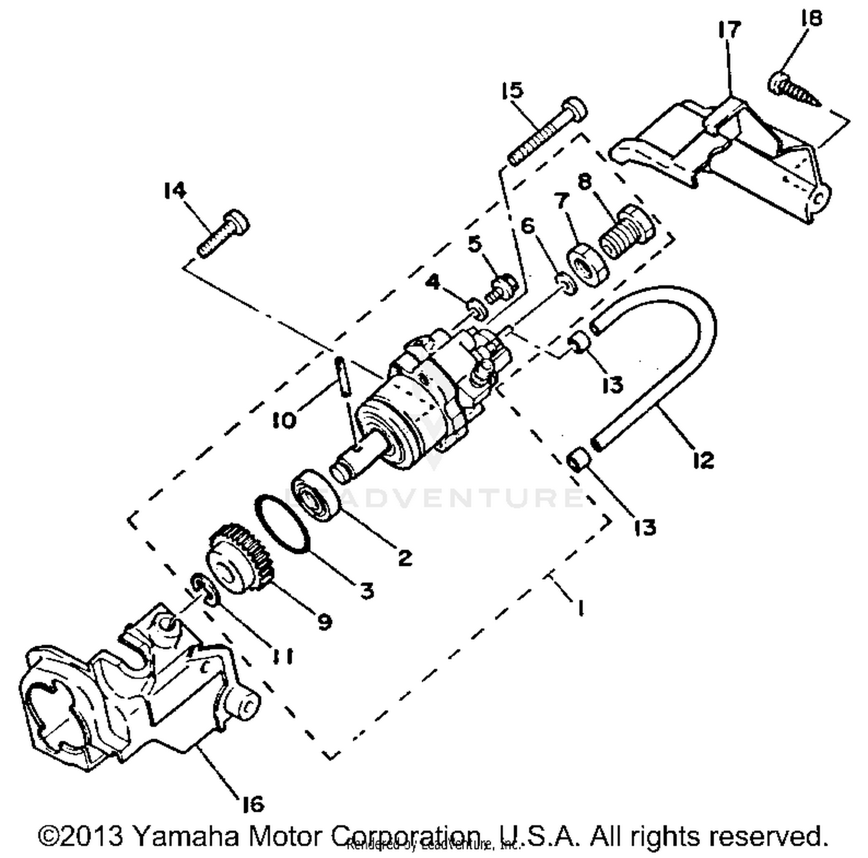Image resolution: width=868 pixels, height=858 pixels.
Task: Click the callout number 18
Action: pos(811,19)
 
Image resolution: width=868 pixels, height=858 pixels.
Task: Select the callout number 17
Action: pos(729,30)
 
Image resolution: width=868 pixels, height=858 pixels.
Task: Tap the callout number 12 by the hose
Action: pos(703,460)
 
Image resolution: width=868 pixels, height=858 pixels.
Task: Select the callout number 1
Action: pos(579,607)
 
